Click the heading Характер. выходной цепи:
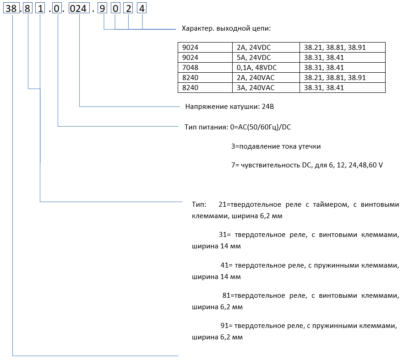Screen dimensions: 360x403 pyautogui.click(x=226, y=28)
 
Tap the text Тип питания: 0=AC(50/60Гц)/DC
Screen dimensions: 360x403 pyautogui.click(x=237, y=127)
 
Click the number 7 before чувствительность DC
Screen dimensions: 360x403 pyautogui.click(x=234, y=165)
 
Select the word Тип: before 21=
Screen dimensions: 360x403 pyautogui.click(x=199, y=204)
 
